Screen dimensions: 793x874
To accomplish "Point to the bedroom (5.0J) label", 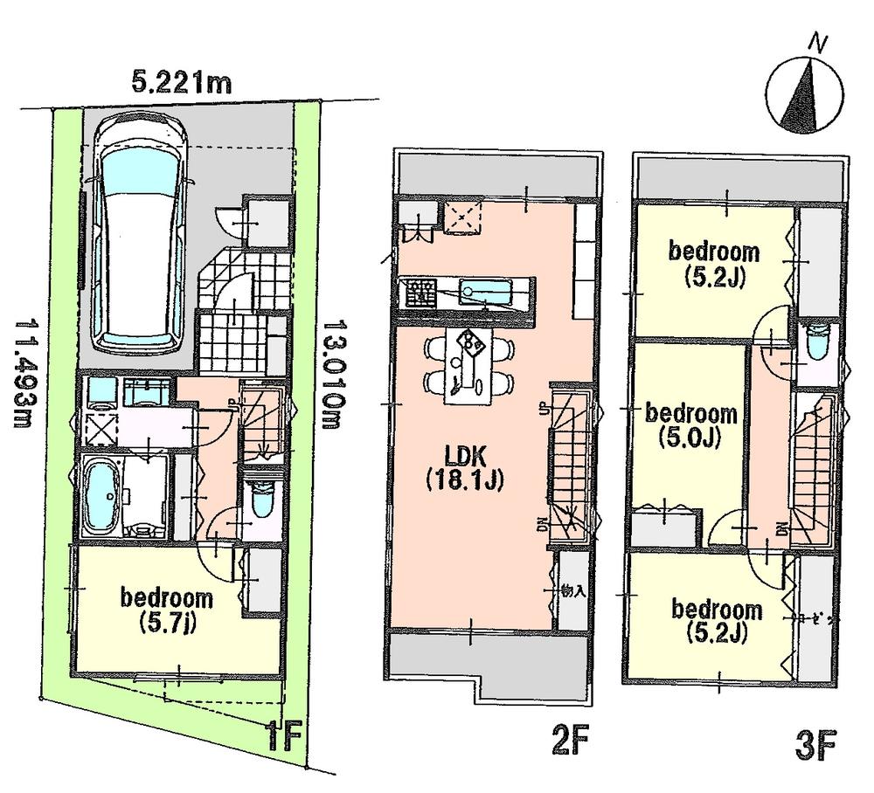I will pyautogui.click(x=690, y=425).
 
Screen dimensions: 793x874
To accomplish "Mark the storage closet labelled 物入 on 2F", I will pyautogui.click(x=572, y=591).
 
